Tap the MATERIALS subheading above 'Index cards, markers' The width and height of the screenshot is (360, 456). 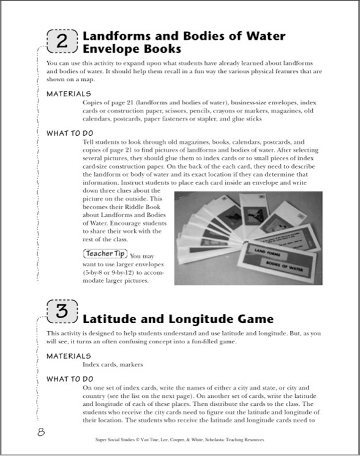tap(69, 355)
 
